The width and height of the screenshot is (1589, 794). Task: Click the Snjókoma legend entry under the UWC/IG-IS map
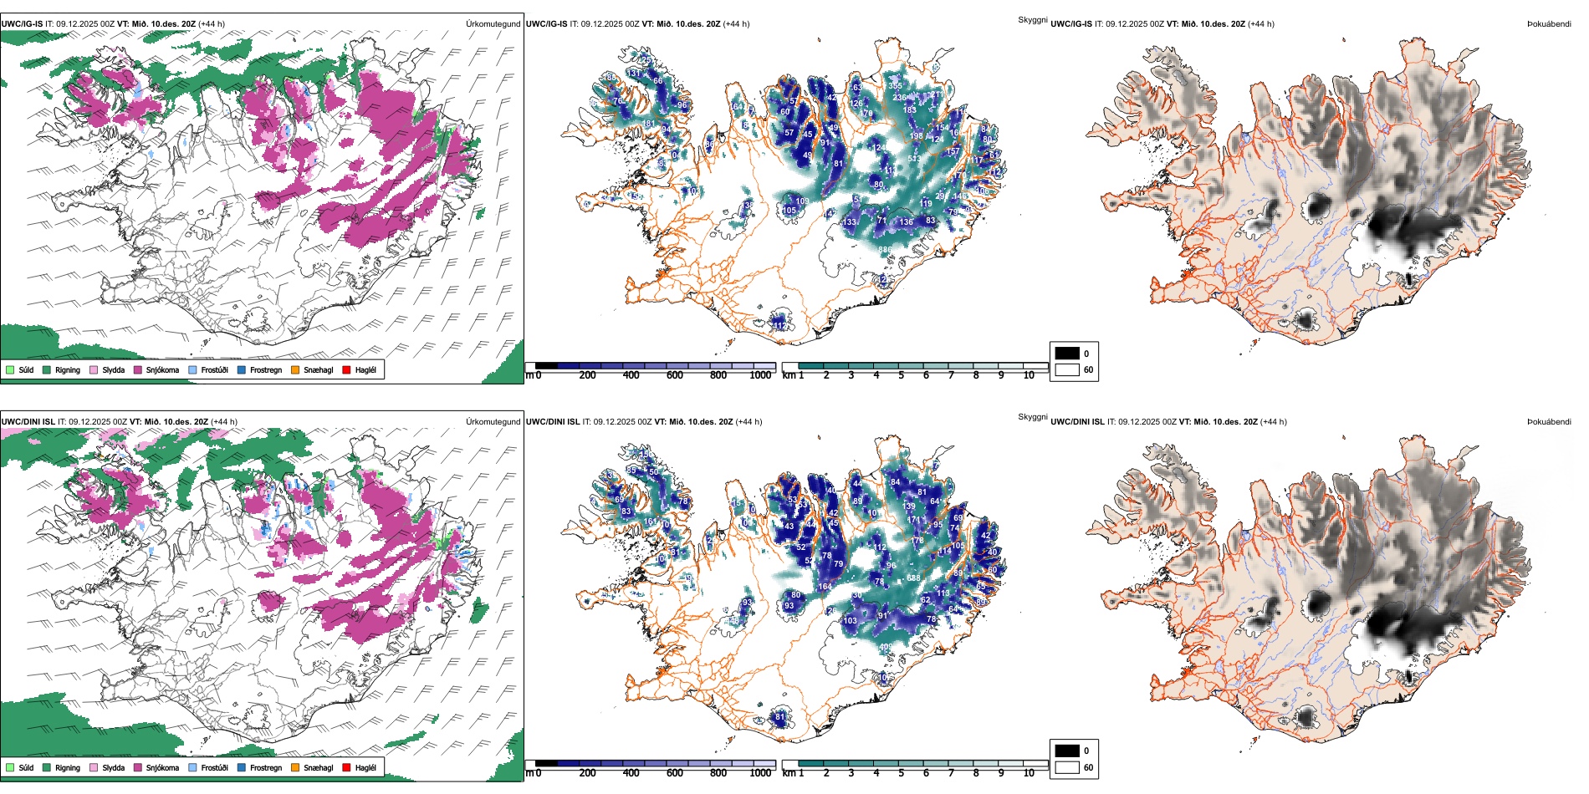162,370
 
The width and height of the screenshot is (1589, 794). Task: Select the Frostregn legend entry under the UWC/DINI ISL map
265,768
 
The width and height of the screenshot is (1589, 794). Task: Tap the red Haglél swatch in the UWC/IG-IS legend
346,370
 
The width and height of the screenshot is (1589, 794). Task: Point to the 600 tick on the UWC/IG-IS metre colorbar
674,375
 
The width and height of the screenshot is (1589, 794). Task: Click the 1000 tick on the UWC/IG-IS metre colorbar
760,375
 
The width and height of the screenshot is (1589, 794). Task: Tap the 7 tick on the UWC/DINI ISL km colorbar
951,773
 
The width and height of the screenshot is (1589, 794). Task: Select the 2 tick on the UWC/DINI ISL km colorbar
826,773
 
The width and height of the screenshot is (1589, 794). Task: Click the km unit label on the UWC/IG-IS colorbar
788,375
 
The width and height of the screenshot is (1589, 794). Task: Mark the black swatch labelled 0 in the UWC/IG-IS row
1067,354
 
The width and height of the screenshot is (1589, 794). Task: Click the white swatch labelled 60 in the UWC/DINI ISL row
1067,767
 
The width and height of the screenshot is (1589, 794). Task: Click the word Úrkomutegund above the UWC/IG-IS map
493,24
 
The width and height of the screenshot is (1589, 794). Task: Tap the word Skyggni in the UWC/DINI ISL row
1032,417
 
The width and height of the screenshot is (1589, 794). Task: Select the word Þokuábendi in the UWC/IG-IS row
1549,24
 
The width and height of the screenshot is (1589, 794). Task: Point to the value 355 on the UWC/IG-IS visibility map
895,86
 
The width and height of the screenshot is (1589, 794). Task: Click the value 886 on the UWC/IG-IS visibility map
885,250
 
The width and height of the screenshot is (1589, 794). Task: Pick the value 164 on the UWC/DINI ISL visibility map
825,587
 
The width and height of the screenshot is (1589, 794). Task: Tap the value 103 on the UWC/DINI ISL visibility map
850,621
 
